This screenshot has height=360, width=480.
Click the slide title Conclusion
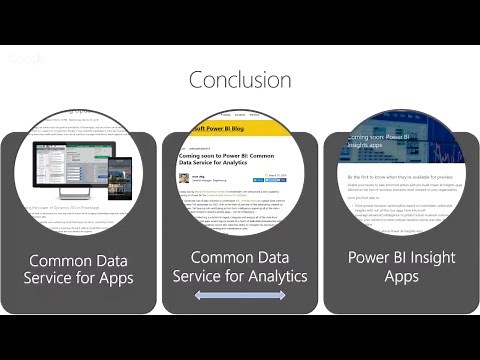[240, 79]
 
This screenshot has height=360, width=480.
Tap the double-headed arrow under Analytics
[240, 296]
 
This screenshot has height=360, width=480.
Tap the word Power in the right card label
[369, 257]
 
